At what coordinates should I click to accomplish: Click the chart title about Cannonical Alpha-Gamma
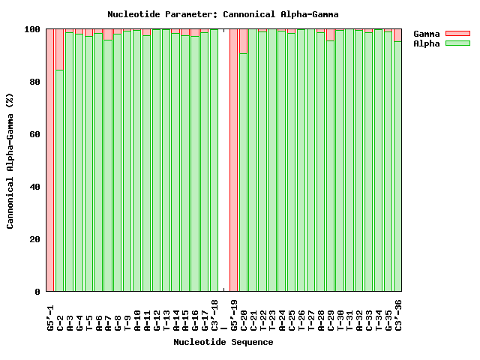point(223,14)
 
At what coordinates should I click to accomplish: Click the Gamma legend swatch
point(457,34)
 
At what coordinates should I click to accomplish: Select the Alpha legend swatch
point(457,43)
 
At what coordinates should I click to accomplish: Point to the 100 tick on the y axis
point(32,29)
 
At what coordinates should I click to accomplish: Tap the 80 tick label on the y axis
point(34,82)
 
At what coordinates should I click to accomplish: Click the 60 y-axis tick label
point(34,134)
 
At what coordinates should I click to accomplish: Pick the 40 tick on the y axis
point(34,187)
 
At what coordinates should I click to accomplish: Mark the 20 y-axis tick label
point(34,239)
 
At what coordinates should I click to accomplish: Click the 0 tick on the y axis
point(37,292)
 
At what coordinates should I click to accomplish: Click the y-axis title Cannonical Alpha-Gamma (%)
point(10,160)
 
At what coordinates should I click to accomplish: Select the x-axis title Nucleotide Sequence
point(223,342)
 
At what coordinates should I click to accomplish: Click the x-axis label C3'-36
point(398,315)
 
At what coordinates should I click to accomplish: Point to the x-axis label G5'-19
point(233,315)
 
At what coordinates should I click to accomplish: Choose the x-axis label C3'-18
point(214,315)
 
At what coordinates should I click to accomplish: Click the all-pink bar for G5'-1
point(50,160)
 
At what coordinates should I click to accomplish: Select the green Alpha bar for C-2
point(60,180)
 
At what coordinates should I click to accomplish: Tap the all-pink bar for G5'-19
point(233,160)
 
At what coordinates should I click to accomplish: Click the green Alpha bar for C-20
point(243,172)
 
